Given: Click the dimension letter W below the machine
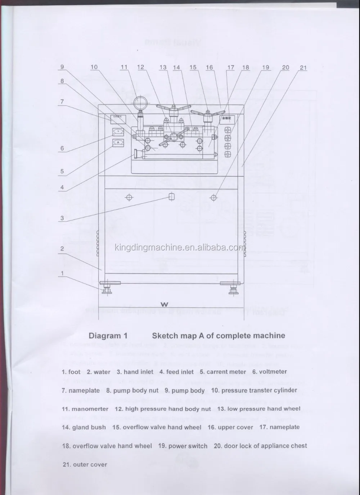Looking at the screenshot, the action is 165,305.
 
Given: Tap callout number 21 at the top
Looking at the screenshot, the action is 303,68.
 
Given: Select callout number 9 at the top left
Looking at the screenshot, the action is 62,67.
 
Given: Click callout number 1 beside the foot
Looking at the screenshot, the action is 62,274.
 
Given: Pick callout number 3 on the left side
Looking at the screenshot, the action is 62,218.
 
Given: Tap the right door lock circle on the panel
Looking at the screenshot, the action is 214,197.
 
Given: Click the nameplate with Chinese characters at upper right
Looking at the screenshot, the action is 226,117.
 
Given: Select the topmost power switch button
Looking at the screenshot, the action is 227,130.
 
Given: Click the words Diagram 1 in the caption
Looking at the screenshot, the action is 108,336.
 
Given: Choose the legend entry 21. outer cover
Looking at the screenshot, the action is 85,464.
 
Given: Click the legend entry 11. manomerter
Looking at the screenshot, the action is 85,409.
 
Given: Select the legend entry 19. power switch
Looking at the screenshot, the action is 183,446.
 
